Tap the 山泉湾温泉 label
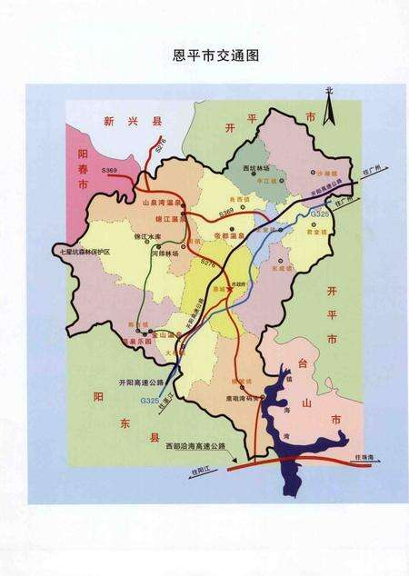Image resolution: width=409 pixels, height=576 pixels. click(165, 205)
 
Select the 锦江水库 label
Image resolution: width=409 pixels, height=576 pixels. click(122, 235)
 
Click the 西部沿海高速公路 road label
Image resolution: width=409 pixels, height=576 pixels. click(195, 447)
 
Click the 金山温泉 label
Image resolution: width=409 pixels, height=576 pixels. click(163, 335)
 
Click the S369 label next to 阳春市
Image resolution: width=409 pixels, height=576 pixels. click(110, 169)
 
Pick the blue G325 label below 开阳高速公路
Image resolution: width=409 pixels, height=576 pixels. click(149, 400)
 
